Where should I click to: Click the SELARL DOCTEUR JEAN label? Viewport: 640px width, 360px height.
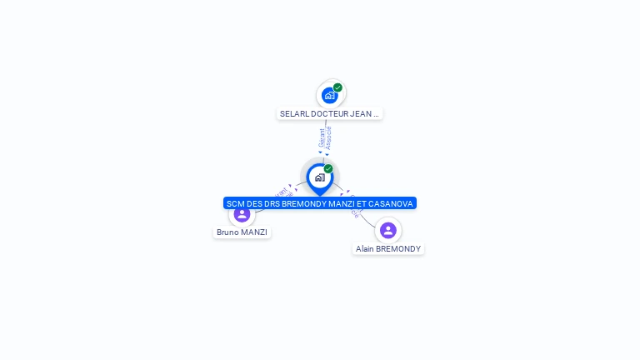pyautogui.click(x=329, y=113)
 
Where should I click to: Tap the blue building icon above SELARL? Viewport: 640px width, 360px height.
pyautogui.click(x=329, y=96)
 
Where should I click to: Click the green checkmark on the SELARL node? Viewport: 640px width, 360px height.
pyautogui.click(x=337, y=87)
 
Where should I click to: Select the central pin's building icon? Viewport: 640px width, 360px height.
pyautogui.click(x=319, y=177)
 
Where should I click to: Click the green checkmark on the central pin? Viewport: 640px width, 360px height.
pyautogui.click(x=328, y=169)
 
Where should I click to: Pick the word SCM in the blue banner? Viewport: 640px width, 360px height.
pyautogui.click(x=235, y=203)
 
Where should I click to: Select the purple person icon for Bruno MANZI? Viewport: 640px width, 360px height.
pyautogui.click(x=242, y=214)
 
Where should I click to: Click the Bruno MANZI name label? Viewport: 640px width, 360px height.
pyautogui.click(x=242, y=232)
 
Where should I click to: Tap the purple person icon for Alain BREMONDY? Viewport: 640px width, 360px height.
pyautogui.click(x=387, y=230)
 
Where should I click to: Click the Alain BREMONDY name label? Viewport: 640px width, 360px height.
pyautogui.click(x=388, y=249)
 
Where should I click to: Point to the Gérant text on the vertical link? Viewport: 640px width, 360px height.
pyautogui.click(x=322, y=138)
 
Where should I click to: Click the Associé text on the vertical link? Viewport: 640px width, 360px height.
pyautogui.click(x=329, y=138)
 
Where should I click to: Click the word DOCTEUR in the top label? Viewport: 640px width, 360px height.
pyautogui.click(x=331, y=113)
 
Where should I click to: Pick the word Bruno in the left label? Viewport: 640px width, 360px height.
pyautogui.click(x=227, y=232)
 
